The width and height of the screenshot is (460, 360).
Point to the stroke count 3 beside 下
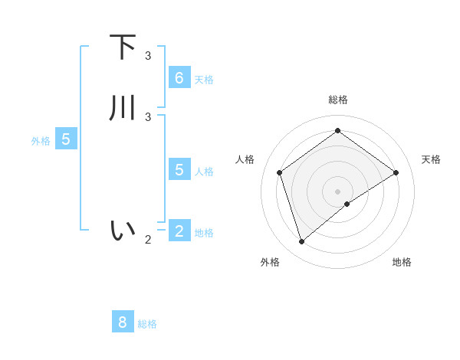click(x=148, y=56)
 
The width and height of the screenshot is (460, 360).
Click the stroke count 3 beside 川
click(x=148, y=116)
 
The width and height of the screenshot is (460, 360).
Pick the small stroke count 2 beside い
click(x=148, y=239)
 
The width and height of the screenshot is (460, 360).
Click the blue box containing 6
click(x=179, y=77)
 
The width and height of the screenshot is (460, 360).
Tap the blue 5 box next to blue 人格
click(x=179, y=169)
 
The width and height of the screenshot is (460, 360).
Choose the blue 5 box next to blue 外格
click(x=66, y=139)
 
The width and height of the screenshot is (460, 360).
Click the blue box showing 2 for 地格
click(x=179, y=230)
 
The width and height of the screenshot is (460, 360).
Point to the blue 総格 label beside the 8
click(x=147, y=324)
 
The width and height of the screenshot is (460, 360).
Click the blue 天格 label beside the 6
click(x=204, y=80)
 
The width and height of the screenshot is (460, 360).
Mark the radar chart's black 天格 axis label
click(x=431, y=159)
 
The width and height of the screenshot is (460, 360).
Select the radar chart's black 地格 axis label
click(x=402, y=262)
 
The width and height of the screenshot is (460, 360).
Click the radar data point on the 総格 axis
click(x=337, y=131)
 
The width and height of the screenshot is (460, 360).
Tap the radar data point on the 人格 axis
click(x=280, y=172)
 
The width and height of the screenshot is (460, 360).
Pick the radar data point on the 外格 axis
click(x=302, y=242)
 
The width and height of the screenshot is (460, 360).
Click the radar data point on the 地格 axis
click(x=347, y=204)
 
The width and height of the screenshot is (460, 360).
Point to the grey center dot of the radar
click(x=337, y=191)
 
